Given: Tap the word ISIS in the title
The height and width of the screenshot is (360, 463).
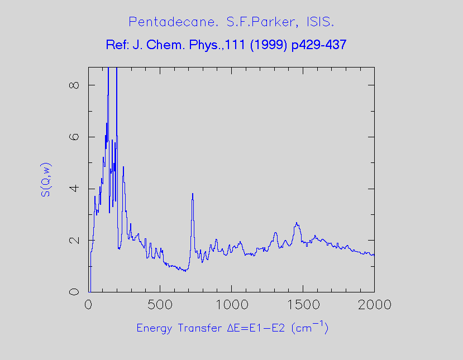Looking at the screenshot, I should [320, 22].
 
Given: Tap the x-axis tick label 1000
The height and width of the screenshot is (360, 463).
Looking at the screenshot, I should [231, 305].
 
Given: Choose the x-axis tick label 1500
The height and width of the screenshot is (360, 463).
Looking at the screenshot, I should [303, 305].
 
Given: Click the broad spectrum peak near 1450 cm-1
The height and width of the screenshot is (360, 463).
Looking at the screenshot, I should [297, 223].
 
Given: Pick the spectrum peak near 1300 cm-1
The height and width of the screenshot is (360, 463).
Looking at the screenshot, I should [275, 233].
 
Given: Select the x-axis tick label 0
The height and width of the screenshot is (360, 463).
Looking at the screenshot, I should [88, 305].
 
